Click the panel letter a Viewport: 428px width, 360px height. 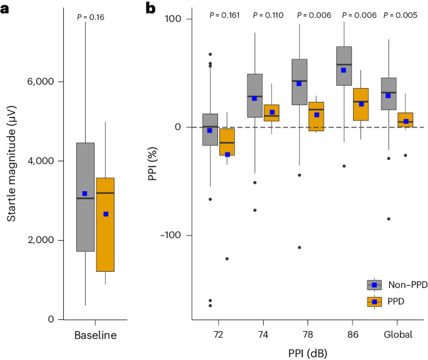[6, 8]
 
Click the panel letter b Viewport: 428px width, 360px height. [151, 8]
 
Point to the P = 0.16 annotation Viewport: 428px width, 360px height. [91, 17]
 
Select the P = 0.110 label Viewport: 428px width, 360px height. [268, 14]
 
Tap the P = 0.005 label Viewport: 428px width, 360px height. [400, 14]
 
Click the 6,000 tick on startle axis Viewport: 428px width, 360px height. [41, 82]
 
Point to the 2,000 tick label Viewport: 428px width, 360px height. [41, 241]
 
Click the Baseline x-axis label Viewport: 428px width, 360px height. [95, 335]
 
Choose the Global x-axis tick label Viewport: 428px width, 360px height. [399, 335]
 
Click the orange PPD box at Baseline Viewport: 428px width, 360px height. [104, 225]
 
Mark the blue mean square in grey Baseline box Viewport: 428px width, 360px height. [85, 194]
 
